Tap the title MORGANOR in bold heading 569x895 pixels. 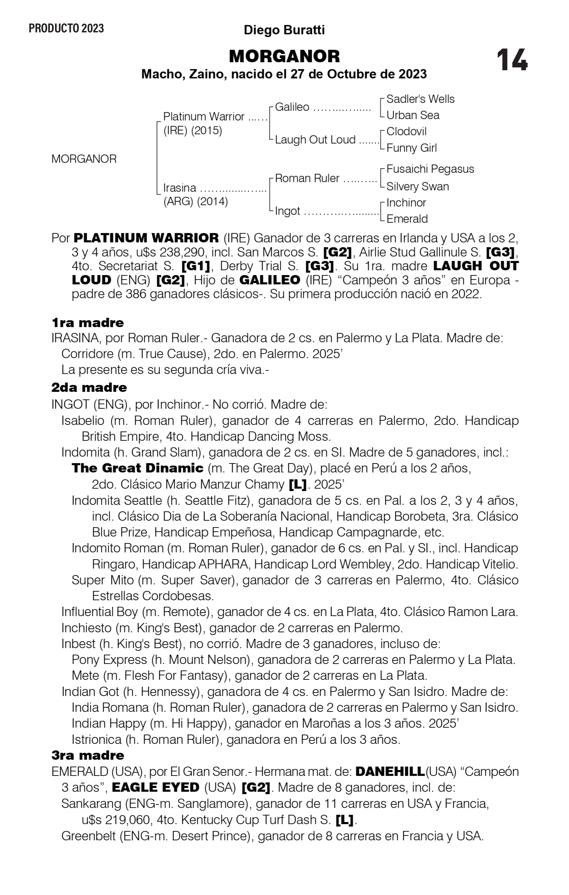(x=284, y=56)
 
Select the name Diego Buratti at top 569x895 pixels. (x=284, y=30)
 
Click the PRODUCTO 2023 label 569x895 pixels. (x=66, y=28)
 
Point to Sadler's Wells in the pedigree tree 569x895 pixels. (x=420, y=99)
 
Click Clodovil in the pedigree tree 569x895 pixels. (x=406, y=131)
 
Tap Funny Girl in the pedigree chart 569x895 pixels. (x=411, y=148)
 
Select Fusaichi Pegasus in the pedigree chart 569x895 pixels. (x=430, y=169)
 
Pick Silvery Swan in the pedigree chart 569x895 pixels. (x=418, y=186)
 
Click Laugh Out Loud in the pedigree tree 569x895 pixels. (x=315, y=139)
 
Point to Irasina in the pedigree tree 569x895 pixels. (x=180, y=188)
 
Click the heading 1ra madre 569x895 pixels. (x=88, y=322)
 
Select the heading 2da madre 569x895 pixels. (x=89, y=387)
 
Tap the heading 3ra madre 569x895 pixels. (x=88, y=755)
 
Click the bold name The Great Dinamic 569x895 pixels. (x=137, y=468)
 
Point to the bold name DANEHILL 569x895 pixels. (x=390, y=772)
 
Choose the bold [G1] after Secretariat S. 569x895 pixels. (x=196, y=266)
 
